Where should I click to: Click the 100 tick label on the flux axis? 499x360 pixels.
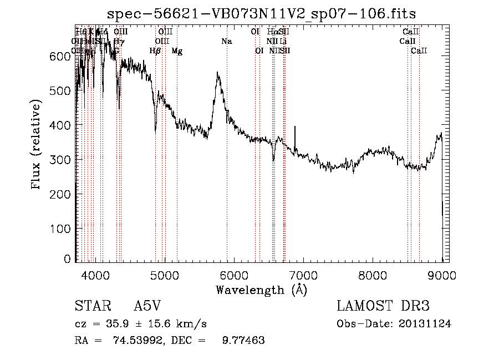pyautogui.click(x=62, y=229)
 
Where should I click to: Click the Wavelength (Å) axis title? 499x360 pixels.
pyautogui.click(x=261, y=290)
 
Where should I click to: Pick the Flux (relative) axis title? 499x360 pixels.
pyautogui.click(x=37, y=145)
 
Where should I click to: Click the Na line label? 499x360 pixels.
pyautogui.click(x=226, y=41)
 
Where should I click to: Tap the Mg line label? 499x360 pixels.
pyautogui.click(x=177, y=51)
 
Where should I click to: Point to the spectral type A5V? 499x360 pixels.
pyautogui.click(x=150, y=307)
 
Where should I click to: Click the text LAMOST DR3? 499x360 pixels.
pyautogui.click(x=383, y=307)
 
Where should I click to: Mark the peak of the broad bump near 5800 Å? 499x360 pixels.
pyautogui.click(x=218, y=72)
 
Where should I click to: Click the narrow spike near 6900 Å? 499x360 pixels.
pyautogui.click(x=295, y=127)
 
